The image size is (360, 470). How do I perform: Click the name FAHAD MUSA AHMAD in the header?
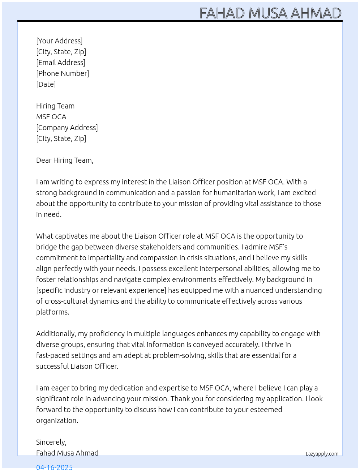tap(270, 13)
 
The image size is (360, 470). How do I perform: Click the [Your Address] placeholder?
tap(59, 41)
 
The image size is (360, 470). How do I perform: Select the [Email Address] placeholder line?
tap(61, 63)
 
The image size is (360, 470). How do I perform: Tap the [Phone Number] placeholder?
tap(63, 73)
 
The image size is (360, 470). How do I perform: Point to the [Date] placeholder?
tap(46, 84)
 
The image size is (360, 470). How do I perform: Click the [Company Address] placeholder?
tap(67, 128)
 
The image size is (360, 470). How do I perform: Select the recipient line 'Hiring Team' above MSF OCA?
tap(55, 106)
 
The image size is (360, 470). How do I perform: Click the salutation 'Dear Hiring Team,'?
tap(65, 160)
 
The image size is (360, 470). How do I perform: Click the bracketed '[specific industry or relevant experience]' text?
tap(101, 290)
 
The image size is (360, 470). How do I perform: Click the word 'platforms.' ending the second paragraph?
tap(53, 312)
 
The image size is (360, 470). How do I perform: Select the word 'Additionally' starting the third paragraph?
tap(56, 334)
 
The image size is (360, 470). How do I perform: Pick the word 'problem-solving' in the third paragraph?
tap(179, 355)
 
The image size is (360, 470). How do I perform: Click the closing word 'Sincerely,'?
tap(51, 442)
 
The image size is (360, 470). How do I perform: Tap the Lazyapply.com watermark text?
tap(322, 454)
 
